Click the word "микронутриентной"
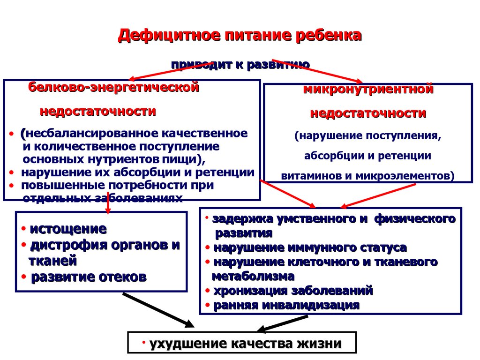point(368,89)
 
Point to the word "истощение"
point(68,229)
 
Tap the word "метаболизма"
point(253,276)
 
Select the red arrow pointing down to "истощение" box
point(108,202)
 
